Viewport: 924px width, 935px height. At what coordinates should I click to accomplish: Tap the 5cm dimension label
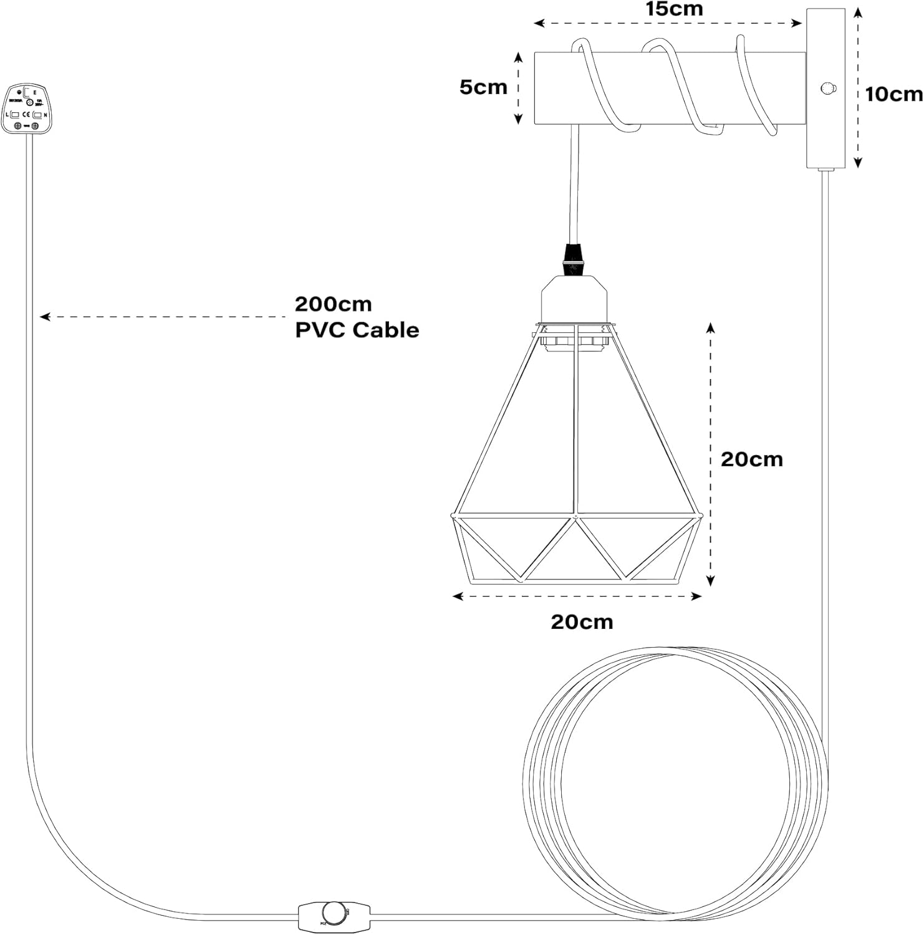[483, 87]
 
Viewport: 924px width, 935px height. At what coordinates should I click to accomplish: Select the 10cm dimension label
[893, 94]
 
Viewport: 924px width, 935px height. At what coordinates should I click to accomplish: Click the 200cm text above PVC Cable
[333, 304]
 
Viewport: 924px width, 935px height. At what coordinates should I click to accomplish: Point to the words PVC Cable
[357, 330]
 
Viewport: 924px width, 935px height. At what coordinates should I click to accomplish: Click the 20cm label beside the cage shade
[751, 459]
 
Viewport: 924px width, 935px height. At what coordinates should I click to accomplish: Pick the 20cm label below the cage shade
[582, 621]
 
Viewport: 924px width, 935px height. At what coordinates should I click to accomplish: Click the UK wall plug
[29, 108]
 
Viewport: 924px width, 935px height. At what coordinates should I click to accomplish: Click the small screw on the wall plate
[827, 88]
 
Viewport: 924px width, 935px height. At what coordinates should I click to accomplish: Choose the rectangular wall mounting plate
[826, 88]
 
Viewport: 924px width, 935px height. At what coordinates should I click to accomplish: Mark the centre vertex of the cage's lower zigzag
[575, 517]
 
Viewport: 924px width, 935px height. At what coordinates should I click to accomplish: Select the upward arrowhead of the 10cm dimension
[858, 13]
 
